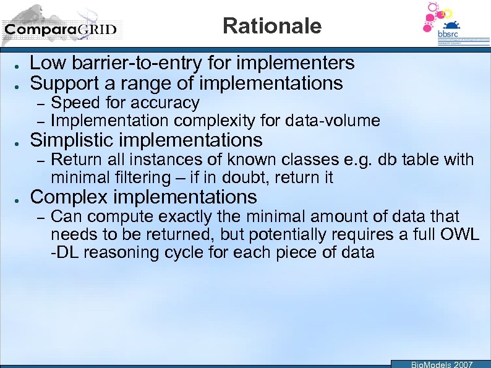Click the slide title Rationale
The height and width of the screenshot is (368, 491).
click(x=272, y=26)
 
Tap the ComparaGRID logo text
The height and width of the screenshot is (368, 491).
click(x=60, y=29)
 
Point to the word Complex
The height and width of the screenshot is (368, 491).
click(x=67, y=197)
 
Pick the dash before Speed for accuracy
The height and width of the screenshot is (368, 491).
click(x=38, y=103)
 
